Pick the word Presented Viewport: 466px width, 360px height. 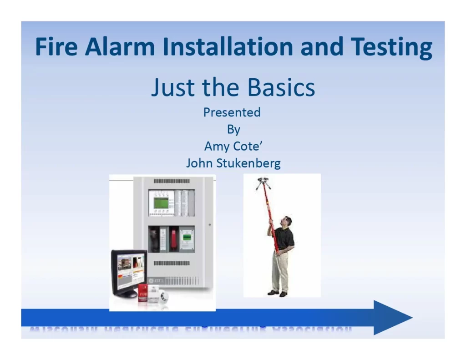click(232, 112)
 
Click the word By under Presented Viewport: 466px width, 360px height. click(233, 129)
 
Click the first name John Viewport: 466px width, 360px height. click(201, 163)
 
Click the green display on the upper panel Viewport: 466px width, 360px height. click(161, 203)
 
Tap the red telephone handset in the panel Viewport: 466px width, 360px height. click(173, 239)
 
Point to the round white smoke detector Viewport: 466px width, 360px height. click(162, 296)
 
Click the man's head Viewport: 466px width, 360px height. click(286, 222)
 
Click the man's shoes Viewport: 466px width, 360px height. click(278, 293)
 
